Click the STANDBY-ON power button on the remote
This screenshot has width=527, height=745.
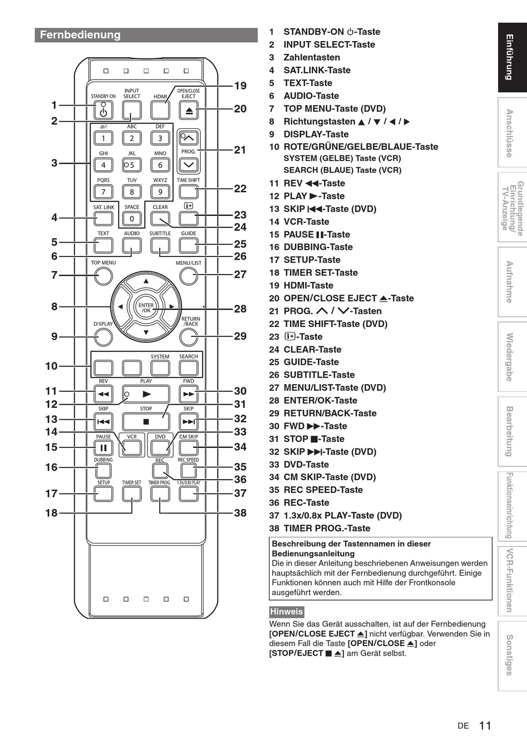point(103,111)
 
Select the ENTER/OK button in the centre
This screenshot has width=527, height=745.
point(146,308)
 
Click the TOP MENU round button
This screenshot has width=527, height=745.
point(103,276)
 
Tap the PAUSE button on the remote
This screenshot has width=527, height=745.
point(103,448)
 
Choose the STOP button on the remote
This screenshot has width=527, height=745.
point(146,421)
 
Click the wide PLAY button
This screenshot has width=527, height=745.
point(146,394)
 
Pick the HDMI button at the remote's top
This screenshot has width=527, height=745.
point(160,110)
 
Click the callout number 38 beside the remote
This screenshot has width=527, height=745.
point(240,513)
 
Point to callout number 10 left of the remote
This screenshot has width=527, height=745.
point(51,366)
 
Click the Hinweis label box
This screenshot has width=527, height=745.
point(286,612)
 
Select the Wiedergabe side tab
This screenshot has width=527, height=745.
point(509,356)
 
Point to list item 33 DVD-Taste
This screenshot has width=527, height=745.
point(306,465)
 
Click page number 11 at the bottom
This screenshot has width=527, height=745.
point(485,725)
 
